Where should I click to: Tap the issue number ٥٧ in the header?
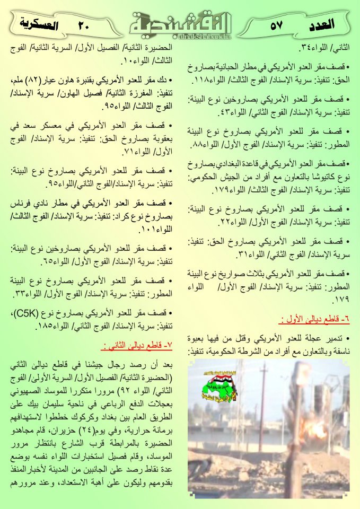[276, 25]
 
